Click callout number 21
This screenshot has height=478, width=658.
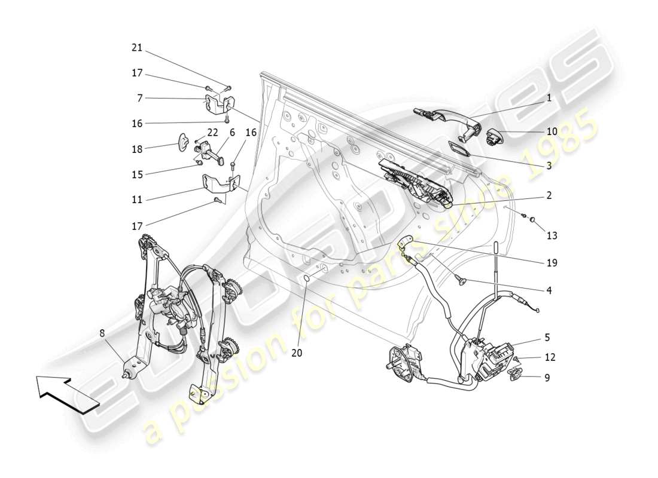(x=137, y=48)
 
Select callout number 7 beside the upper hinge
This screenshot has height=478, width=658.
(x=139, y=97)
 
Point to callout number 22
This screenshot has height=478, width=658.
(x=212, y=132)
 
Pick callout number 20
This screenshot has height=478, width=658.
(x=297, y=353)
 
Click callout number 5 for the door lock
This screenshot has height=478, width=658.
(x=547, y=338)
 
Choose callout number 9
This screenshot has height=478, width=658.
(x=547, y=378)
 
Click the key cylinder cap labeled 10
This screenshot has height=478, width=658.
(x=497, y=136)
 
